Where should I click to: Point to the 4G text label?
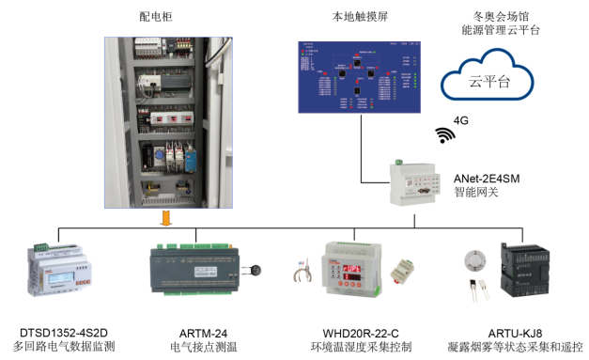tap(461, 119)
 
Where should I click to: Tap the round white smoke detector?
tap(475, 258)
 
